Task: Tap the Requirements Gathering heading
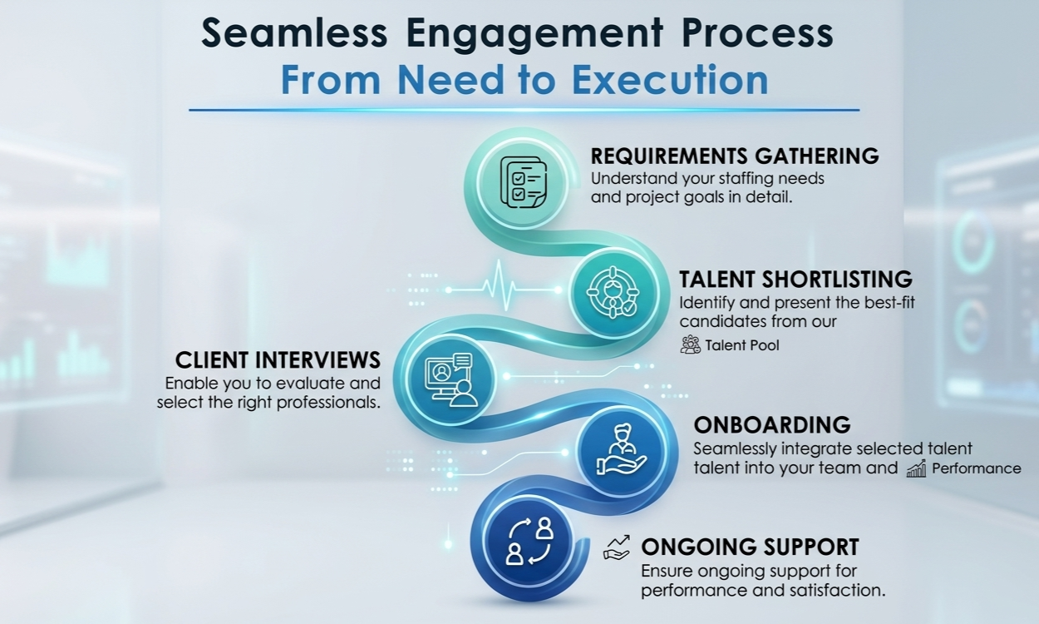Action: [x=734, y=156]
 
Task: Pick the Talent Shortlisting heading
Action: [x=795, y=279]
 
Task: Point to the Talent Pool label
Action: [x=742, y=345]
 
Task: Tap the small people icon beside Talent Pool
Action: [x=690, y=344]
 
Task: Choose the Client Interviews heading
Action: [x=278, y=360]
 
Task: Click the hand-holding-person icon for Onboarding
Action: [x=617, y=453]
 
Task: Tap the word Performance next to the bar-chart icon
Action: [x=976, y=468]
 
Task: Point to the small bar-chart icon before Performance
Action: [x=916, y=468]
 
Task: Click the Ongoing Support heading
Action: [x=750, y=547]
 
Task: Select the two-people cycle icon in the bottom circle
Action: [x=529, y=541]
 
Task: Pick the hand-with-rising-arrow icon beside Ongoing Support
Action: [x=617, y=547]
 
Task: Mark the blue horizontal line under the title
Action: [x=524, y=110]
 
